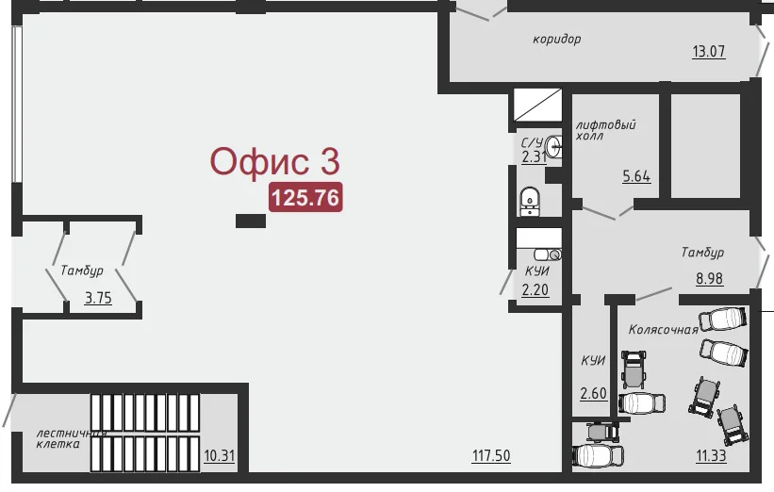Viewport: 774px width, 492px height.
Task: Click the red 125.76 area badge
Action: point(305,197)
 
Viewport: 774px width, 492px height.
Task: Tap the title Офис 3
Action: point(275,161)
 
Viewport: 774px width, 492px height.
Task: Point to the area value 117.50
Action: point(491,455)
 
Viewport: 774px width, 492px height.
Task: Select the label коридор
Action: point(557,39)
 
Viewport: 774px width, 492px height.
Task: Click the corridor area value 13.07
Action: point(709,51)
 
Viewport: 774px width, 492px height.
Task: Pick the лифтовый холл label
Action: point(605,130)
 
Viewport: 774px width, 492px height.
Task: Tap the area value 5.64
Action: point(636,176)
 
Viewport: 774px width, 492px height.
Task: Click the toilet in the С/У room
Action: point(530,202)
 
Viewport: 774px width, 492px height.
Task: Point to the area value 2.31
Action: point(535,156)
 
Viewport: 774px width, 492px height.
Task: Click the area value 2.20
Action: point(535,289)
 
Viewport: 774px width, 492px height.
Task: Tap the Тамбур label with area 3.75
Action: point(82,271)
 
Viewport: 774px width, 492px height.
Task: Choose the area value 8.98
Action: point(709,278)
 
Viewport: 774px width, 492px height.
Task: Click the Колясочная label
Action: point(663,330)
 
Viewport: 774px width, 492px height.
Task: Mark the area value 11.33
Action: point(712,455)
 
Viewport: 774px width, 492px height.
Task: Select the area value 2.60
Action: point(593,393)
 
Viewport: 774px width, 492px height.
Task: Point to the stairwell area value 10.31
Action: point(219,455)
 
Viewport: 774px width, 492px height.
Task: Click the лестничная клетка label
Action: point(72,438)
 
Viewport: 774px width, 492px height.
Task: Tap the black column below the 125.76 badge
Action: point(251,221)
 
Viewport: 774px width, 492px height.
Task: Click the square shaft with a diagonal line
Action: point(537,105)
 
